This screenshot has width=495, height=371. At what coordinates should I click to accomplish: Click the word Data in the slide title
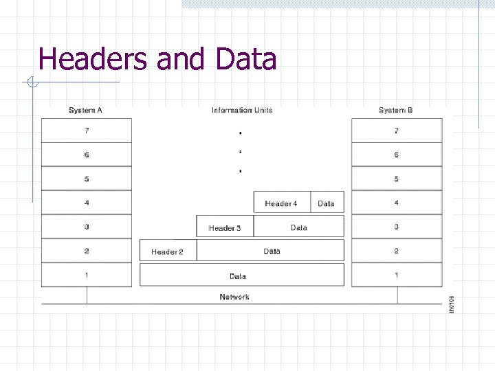pos(245,59)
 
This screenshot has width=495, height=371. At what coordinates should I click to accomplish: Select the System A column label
pos(86,110)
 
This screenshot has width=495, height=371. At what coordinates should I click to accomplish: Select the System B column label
pos(396,110)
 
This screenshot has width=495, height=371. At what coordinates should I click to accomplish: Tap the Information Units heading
pos(242,110)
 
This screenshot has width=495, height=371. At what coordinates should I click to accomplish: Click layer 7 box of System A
pos(87,131)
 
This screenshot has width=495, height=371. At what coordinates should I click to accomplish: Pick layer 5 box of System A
pos(87,179)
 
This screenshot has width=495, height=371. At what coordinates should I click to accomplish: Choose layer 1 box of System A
pos(87,275)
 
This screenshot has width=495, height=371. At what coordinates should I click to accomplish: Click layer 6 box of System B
pos(397,155)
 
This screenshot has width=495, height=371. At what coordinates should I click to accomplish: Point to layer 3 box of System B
pos(397,227)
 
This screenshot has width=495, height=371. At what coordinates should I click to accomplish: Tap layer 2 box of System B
pos(397,251)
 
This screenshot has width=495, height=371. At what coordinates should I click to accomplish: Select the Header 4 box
pos(282,203)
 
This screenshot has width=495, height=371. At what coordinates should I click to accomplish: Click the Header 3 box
pos(225,227)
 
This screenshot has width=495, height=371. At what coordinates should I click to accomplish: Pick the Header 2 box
pos(168,251)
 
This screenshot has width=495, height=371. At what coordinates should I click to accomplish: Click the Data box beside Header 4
pos(327,203)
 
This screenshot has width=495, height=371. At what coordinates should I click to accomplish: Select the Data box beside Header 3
pos(298,227)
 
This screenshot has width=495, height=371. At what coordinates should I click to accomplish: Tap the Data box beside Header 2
pos(272,251)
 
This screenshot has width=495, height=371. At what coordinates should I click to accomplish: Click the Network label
pos(234,297)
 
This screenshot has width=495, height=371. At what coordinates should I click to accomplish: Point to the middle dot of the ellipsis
pos(240,150)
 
